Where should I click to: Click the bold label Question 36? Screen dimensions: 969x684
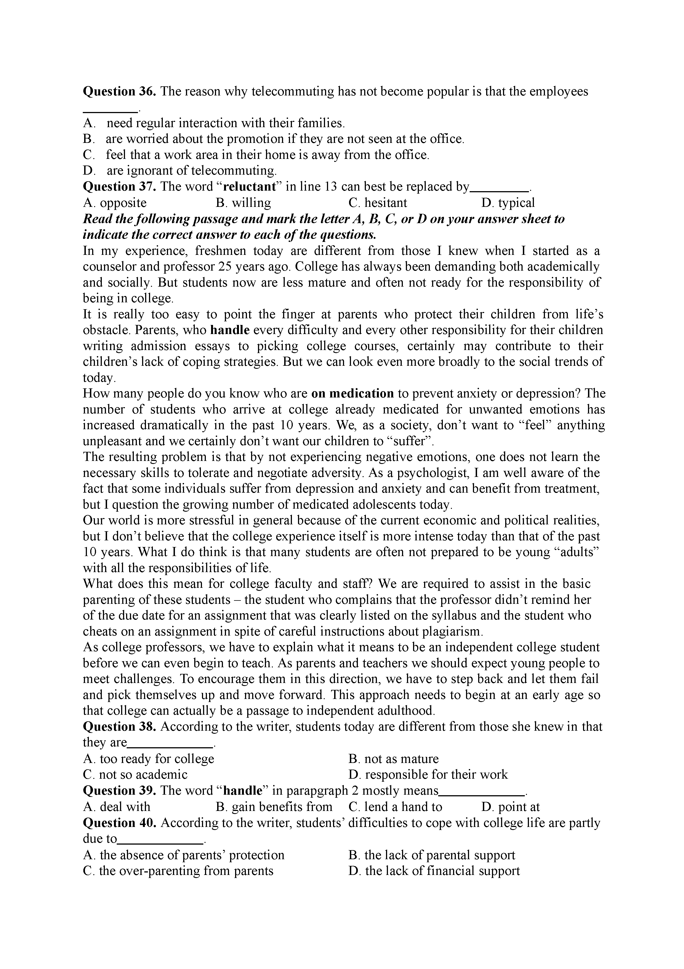coord(119,92)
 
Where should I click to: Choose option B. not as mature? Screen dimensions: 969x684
coord(393,759)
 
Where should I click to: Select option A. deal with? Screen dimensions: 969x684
coord(117,807)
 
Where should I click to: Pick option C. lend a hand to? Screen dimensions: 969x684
coord(395,807)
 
